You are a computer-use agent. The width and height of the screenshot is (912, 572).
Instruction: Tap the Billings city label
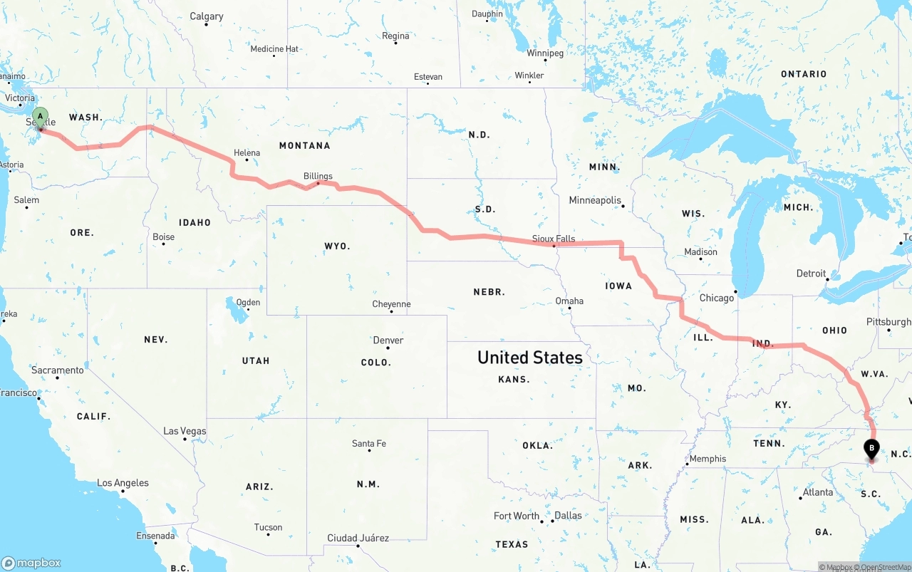pyautogui.click(x=318, y=176)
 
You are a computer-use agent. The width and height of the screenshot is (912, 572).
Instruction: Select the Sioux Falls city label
pyautogui.click(x=554, y=239)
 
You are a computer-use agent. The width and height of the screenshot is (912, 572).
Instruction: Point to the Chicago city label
pyautogui.click(x=716, y=298)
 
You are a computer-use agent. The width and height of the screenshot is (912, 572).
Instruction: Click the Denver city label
pyautogui.click(x=388, y=340)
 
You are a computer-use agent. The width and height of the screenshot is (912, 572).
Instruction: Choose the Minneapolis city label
pyautogui.click(x=595, y=200)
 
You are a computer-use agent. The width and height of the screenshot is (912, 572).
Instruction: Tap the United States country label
pyautogui.click(x=529, y=357)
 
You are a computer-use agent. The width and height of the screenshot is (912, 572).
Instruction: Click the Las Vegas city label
pyautogui.click(x=185, y=431)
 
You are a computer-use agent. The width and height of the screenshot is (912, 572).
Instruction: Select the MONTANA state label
pyautogui.click(x=304, y=145)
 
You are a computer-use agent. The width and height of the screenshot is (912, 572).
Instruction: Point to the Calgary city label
pyautogui.click(x=206, y=16)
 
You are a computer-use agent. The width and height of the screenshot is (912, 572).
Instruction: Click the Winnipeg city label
pyautogui.click(x=545, y=53)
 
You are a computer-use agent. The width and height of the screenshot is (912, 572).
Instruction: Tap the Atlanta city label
pyautogui.click(x=817, y=492)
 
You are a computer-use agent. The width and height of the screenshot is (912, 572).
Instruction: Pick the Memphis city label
pyautogui.click(x=708, y=459)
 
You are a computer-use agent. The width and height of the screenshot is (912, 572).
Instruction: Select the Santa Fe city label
pyautogui.click(x=368, y=444)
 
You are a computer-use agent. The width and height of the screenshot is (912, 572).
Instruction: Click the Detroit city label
pyautogui.click(x=811, y=274)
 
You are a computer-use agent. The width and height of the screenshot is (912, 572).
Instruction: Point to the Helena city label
pyautogui.click(x=247, y=152)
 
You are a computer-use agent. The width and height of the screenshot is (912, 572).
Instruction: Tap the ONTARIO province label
pyautogui.click(x=804, y=74)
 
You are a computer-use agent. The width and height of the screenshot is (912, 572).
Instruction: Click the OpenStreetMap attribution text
pyautogui.click(x=885, y=567)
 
